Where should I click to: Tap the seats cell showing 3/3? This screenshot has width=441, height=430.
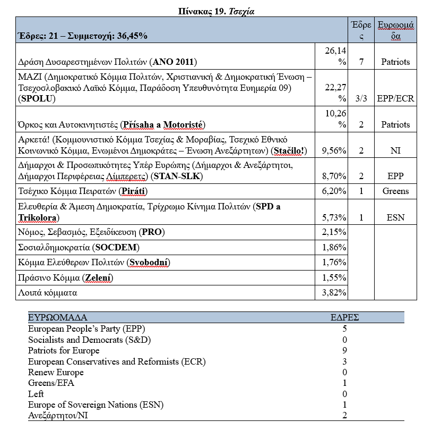[361, 99]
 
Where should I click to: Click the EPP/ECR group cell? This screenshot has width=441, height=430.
[395, 99]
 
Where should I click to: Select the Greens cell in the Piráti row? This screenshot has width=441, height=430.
[395, 191]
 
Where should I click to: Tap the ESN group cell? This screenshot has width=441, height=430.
[395, 217]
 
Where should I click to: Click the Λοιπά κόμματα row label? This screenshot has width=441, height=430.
[46, 292]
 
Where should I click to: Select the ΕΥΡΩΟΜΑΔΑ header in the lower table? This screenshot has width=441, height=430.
[57, 318]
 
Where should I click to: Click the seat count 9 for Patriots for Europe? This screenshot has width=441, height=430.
[345, 350]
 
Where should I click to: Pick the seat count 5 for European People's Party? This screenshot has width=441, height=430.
[345, 328]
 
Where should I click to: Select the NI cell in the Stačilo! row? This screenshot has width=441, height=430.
[395, 151]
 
